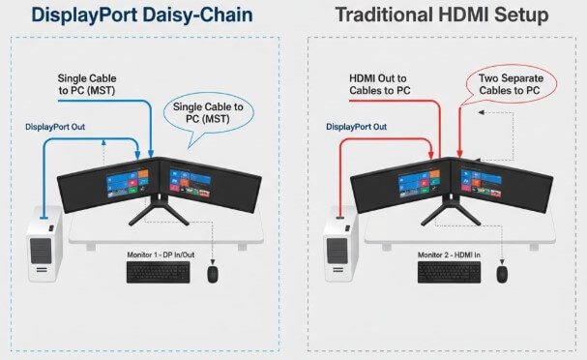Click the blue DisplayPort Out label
click(x=61, y=127)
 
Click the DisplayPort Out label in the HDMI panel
click(x=357, y=127)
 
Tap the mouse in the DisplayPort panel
click(x=213, y=274)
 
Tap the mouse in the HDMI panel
click(x=502, y=274)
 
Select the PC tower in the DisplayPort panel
click(x=44, y=248)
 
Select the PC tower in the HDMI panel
click(x=337, y=248)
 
